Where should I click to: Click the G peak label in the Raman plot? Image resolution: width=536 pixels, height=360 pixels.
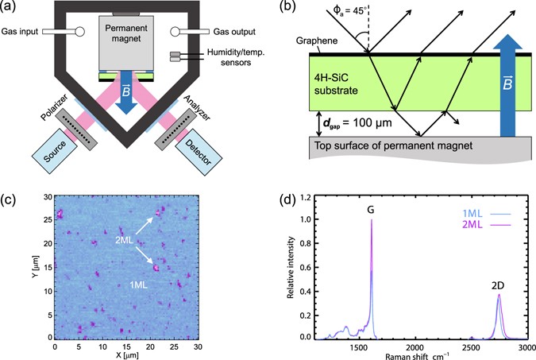pos(370,210)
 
